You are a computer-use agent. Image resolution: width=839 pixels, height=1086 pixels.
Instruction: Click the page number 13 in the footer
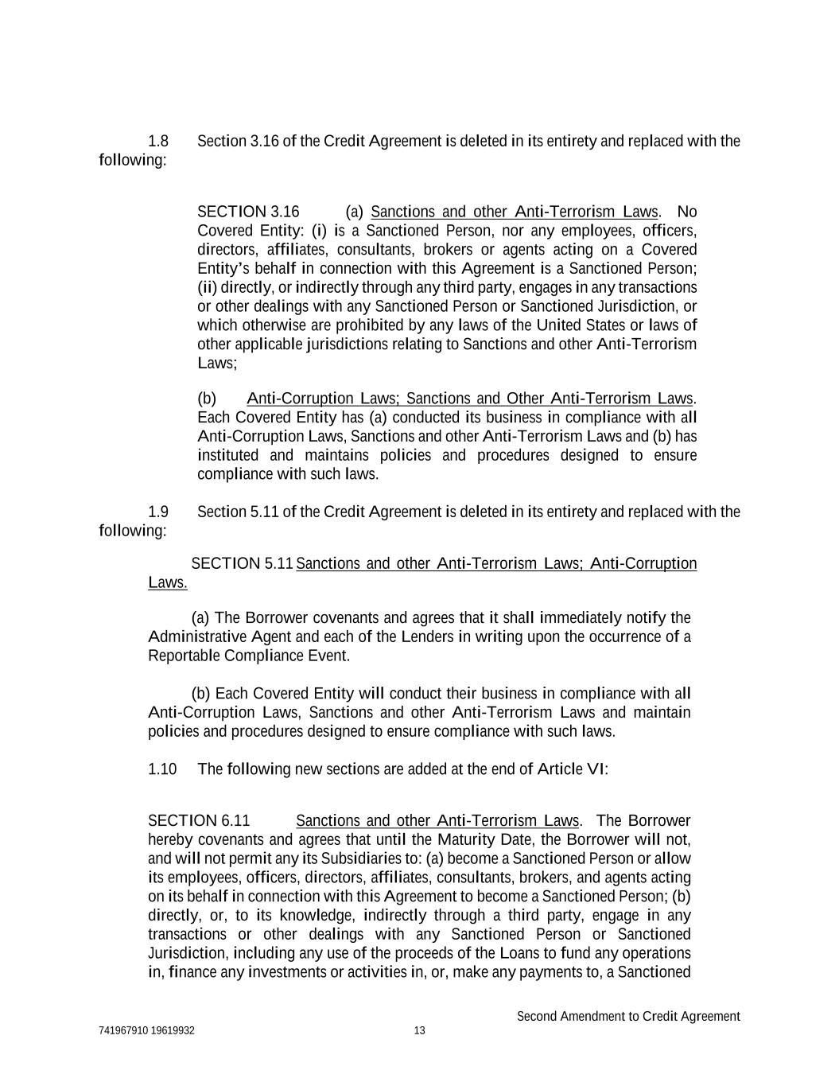tap(420, 1030)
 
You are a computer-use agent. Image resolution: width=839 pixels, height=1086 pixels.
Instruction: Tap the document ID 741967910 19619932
tap(147, 1030)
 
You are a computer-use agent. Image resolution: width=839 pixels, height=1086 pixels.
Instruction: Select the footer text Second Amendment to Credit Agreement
tap(628, 1016)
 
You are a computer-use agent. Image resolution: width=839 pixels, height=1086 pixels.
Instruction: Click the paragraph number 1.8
tap(158, 142)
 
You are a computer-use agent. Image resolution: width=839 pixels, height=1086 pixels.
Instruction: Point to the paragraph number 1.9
tap(158, 512)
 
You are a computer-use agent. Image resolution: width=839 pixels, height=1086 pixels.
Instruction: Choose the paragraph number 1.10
tap(162, 769)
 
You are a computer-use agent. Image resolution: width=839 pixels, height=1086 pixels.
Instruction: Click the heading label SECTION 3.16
tap(248, 212)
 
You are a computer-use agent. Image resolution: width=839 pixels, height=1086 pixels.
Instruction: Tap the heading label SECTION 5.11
tap(243, 564)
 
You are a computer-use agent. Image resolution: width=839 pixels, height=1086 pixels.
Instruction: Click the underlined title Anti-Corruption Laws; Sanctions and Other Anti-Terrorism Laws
tap(471, 399)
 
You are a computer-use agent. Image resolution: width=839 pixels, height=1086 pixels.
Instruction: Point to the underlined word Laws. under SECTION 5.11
tap(168, 583)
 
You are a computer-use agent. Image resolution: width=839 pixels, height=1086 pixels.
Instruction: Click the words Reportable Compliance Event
tap(248, 656)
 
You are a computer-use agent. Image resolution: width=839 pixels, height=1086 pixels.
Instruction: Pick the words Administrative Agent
tap(208, 637)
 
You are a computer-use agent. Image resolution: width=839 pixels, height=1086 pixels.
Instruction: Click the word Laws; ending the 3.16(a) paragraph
tap(217, 364)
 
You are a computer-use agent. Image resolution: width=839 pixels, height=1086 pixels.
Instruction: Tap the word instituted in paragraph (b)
tap(227, 456)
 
